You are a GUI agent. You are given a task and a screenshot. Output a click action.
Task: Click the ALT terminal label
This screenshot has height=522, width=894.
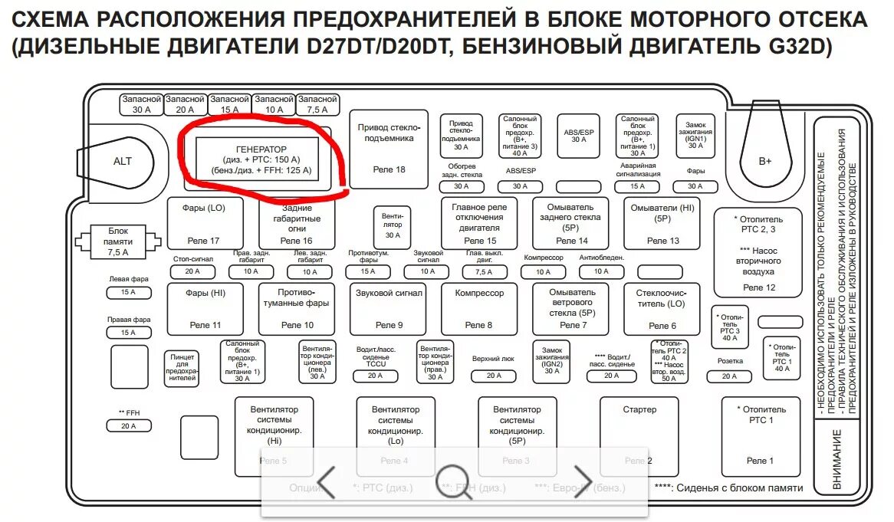pos(123,161)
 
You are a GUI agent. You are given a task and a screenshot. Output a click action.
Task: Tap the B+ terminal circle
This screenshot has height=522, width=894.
pos(764,161)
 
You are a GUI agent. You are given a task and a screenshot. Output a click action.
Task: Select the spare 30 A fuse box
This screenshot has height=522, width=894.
pos(142,104)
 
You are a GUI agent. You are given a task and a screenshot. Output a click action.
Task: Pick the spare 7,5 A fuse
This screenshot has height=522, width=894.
pos(318,104)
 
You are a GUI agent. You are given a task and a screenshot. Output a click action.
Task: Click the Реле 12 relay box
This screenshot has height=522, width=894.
pos(758,252)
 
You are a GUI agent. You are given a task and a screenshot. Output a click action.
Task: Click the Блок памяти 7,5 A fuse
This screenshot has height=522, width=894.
pos(118,240)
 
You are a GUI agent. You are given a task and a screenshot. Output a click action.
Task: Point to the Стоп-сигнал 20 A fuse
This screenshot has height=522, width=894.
pos(192,271)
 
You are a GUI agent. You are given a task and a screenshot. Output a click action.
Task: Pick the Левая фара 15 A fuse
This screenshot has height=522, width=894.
pos(128,292)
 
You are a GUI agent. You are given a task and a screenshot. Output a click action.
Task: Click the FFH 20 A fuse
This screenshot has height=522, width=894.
pos(128,426)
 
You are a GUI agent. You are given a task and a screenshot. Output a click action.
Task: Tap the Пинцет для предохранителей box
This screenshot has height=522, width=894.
pos(182,368)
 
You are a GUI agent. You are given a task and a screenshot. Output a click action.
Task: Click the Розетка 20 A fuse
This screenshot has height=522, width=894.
pos(729,376)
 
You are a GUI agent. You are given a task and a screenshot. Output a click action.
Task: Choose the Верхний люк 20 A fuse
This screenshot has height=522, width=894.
pos(493,376)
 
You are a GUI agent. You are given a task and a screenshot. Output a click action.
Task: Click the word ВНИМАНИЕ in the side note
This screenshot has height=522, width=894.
pos(837,460)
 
